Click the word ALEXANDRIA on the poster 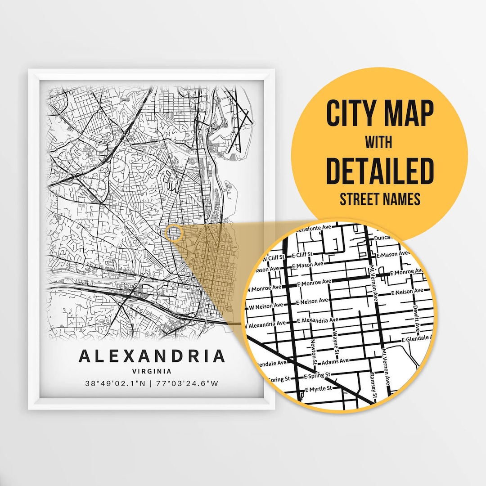pos(152,355)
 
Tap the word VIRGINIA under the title pos(152,372)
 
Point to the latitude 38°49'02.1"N pos(116,384)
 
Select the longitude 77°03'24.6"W pos(187,384)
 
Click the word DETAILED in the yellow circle pos(379,171)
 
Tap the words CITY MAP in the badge pos(379,114)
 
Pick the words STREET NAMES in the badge pos(379,199)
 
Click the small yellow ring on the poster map pos(174,233)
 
